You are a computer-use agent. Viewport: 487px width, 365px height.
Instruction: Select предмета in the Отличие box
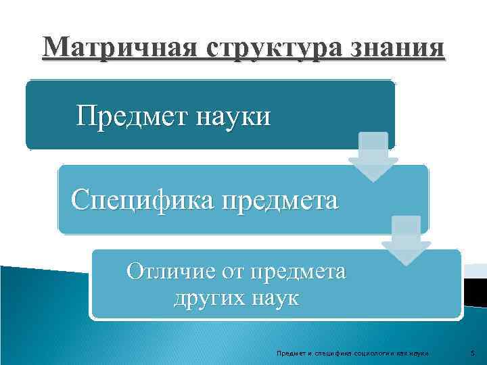[x=298, y=272]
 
